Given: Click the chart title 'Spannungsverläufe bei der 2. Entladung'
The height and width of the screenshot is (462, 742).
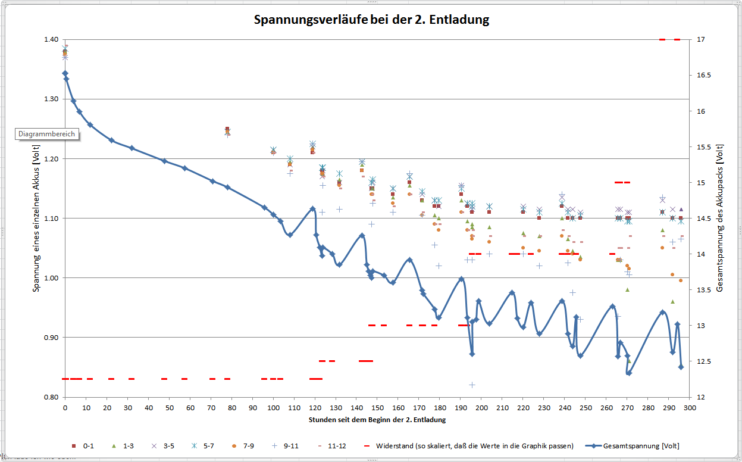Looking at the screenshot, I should pyautogui.click(x=371, y=20).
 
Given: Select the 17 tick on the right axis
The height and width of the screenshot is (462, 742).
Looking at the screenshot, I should pyautogui.click(x=700, y=39).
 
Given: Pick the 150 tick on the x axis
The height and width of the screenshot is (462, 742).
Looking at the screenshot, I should pyautogui.click(x=377, y=408).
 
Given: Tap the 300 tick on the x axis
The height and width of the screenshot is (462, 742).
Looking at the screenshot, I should pyautogui.click(x=690, y=408).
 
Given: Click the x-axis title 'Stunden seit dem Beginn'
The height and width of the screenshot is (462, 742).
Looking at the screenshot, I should pyautogui.click(x=377, y=419).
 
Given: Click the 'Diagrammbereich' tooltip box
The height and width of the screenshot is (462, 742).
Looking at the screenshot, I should pyautogui.click(x=47, y=134).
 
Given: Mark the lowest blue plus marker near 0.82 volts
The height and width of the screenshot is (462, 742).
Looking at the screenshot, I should pyautogui.click(x=472, y=385).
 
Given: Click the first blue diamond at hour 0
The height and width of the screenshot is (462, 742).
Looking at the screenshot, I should pyautogui.click(x=65, y=73).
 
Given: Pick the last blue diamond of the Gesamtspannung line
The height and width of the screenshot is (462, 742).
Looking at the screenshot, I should pyautogui.click(x=681, y=367).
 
